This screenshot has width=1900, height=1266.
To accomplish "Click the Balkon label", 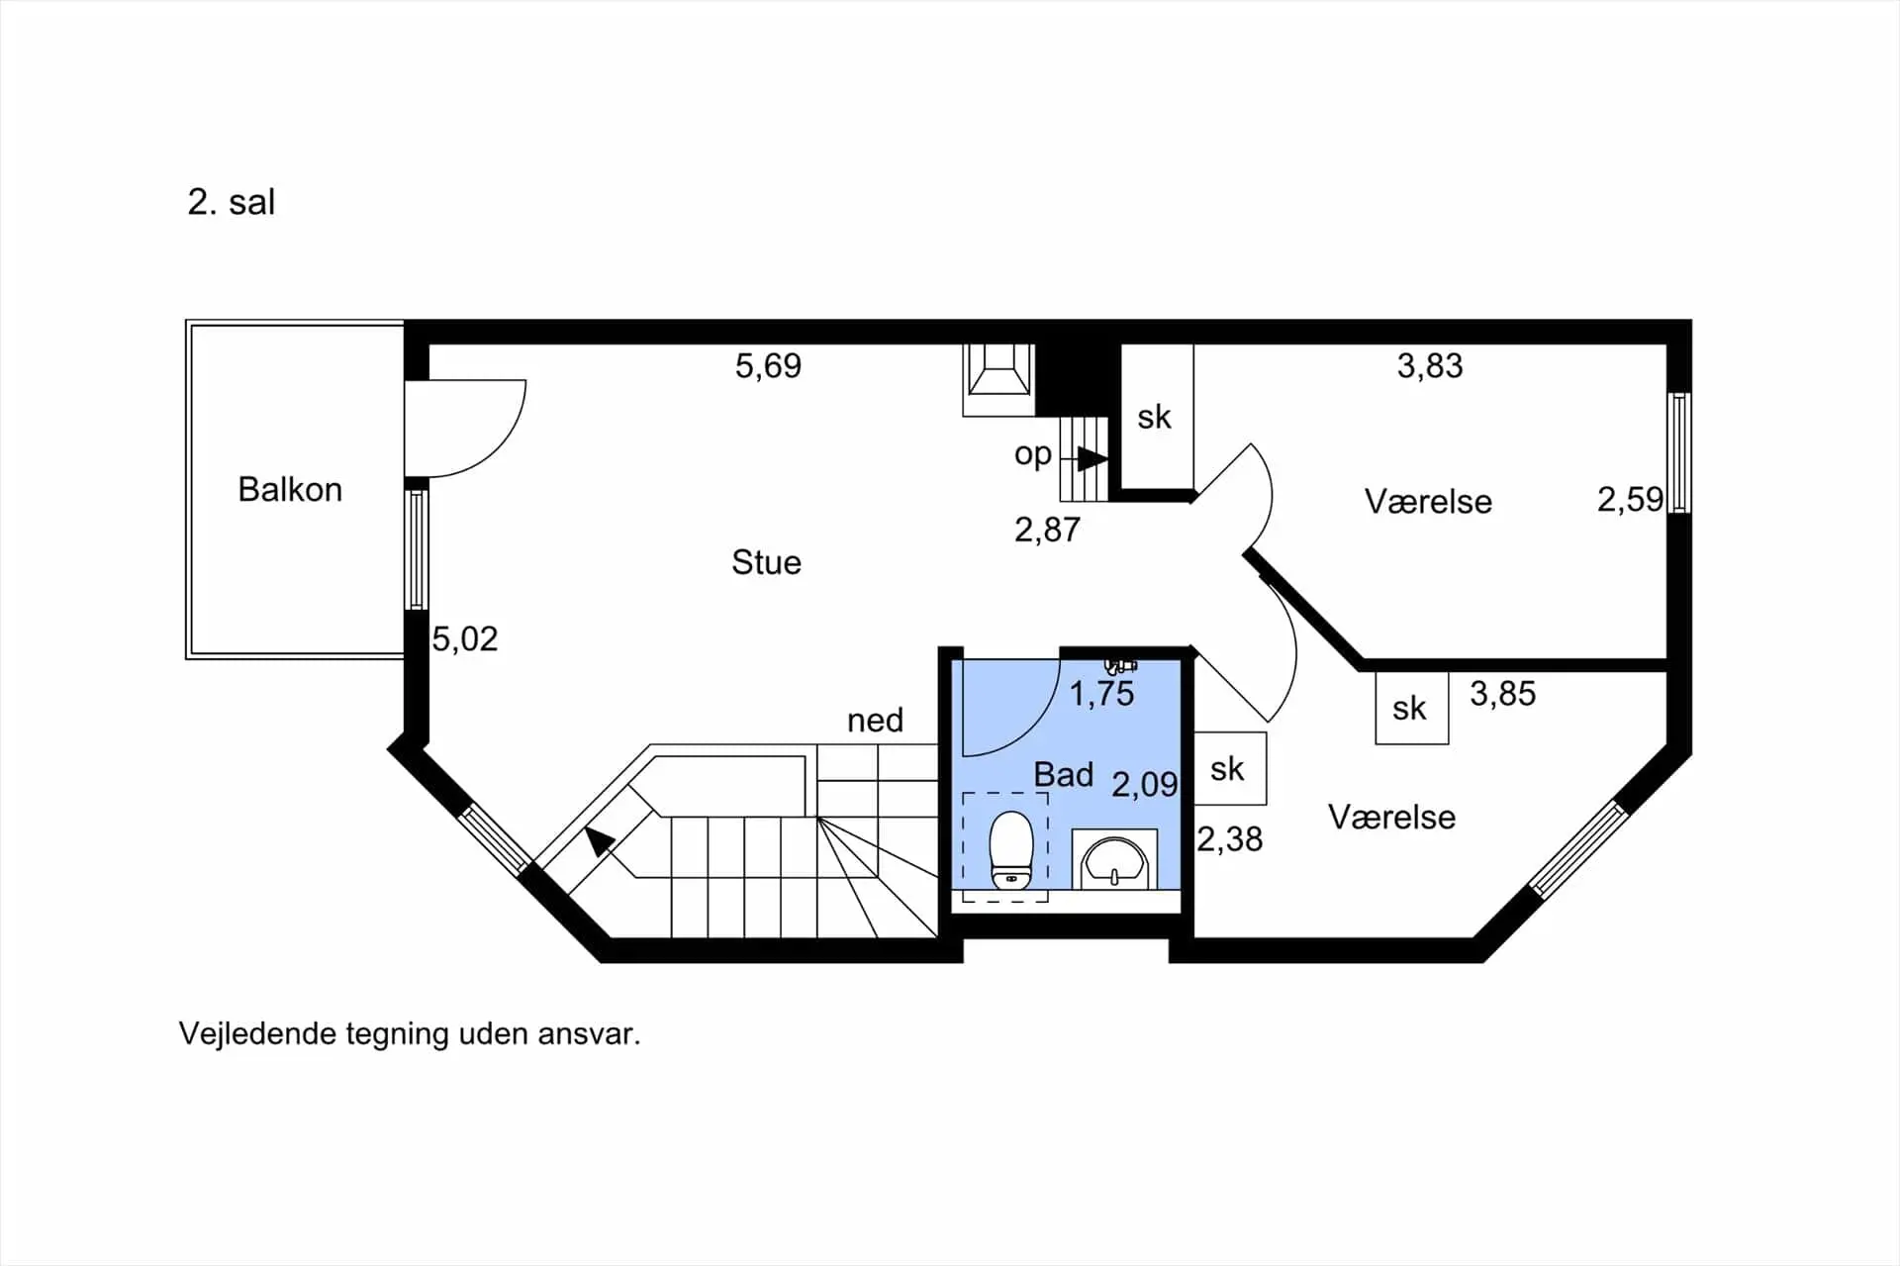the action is pyautogui.click(x=290, y=489).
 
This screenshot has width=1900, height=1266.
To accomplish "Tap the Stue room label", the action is pyautogui.click(x=766, y=562).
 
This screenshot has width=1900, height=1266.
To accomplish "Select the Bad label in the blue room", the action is pyautogui.click(x=1064, y=774).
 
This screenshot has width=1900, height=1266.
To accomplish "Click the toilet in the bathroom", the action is pyautogui.click(x=1011, y=850).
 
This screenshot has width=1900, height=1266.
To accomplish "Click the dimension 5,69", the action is pyautogui.click(x=768, y=366).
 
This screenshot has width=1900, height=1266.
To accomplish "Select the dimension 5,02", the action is pyautogui.click(x=465, y=638).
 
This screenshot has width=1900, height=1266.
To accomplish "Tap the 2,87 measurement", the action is pyautogui.click(x=1047, y=530).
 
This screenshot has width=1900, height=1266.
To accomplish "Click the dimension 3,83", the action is pyautogui.click(x=1430, y=366).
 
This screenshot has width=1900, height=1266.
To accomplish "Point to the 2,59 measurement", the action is pyautogui.click(x=1630, y=499).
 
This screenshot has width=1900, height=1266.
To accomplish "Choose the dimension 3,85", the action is pyautogui.click(x=1503, y=694).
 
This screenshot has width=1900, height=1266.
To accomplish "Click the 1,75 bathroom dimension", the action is pyautogui.click(x=1101, y=694).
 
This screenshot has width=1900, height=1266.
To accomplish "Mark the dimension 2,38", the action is pyautogui.click(x=1230, y=839).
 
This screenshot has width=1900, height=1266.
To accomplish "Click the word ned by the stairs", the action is pyautogui.click(x=875, y=720).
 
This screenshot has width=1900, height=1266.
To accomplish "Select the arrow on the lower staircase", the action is pyautogui.click(x=599, y=841).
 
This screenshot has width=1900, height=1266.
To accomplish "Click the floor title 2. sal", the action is pyautogui.click(x=232, y=202).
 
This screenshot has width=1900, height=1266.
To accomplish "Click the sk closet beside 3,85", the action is pyautogui.click(x=1412, y=708).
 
